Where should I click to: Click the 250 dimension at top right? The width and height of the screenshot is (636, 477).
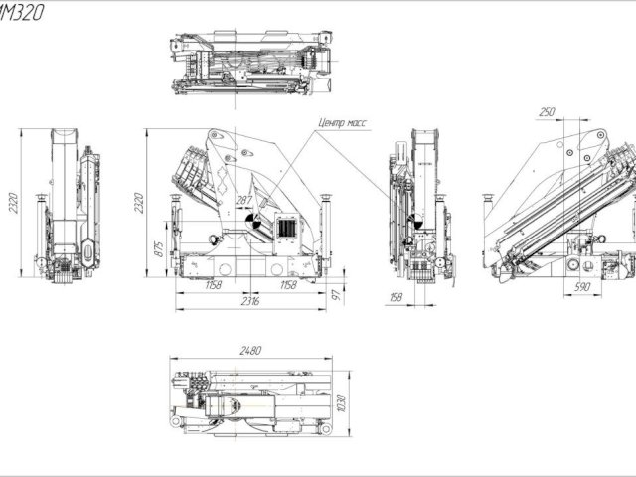546,113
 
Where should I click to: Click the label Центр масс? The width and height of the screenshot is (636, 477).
341,124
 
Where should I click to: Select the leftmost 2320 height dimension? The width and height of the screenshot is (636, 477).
11,204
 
